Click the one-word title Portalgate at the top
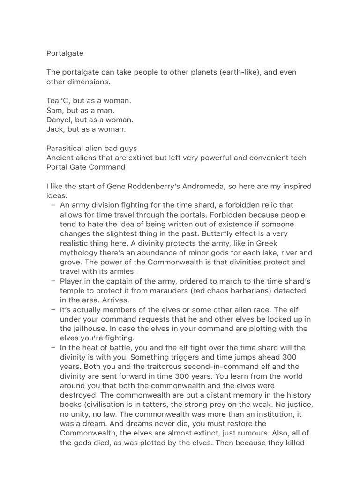click(65, 53)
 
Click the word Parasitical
click(65, 148)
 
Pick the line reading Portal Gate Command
click(86, 167)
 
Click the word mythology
click(79, 253)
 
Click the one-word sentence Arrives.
click(115, 300)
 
